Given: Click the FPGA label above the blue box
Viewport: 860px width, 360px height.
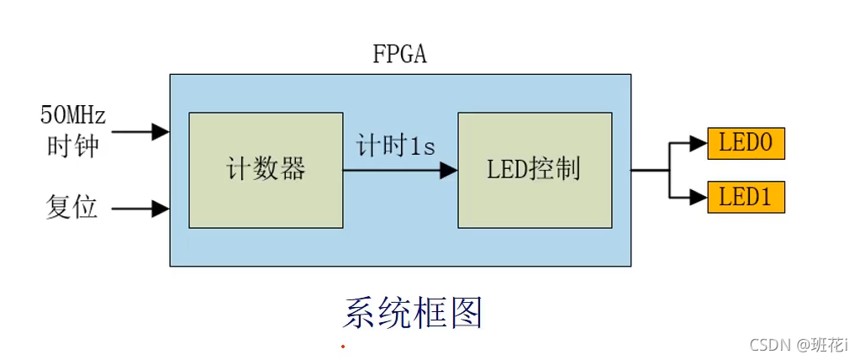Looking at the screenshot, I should point(400,55).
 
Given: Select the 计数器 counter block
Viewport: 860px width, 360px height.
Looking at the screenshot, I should point(266,170).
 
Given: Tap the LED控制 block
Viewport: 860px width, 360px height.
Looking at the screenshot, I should point(534,170).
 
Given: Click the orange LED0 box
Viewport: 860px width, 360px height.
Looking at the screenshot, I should point(746,144).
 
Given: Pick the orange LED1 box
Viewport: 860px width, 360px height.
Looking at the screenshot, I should point(746,199).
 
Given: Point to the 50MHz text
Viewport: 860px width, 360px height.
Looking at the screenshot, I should point(71,114).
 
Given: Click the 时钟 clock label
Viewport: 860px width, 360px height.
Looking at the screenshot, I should point(71,146).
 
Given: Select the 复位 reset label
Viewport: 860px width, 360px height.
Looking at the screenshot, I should point(71,207).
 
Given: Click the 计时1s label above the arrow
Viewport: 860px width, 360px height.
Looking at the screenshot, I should point(395,146).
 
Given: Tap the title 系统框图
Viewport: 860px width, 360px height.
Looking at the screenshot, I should point(413,313).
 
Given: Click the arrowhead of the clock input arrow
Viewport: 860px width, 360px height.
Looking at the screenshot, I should point(161,131).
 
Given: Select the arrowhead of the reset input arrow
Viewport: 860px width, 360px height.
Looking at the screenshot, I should point(161,208).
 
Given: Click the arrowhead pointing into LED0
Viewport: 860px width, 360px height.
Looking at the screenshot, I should point(698,144).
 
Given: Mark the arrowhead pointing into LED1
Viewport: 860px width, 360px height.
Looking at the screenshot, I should point(698,199).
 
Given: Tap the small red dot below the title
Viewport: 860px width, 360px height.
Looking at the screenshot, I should point(342,347).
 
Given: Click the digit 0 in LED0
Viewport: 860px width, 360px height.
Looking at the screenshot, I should point(766,144).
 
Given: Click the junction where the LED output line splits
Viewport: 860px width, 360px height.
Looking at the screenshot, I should point(669,170).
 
